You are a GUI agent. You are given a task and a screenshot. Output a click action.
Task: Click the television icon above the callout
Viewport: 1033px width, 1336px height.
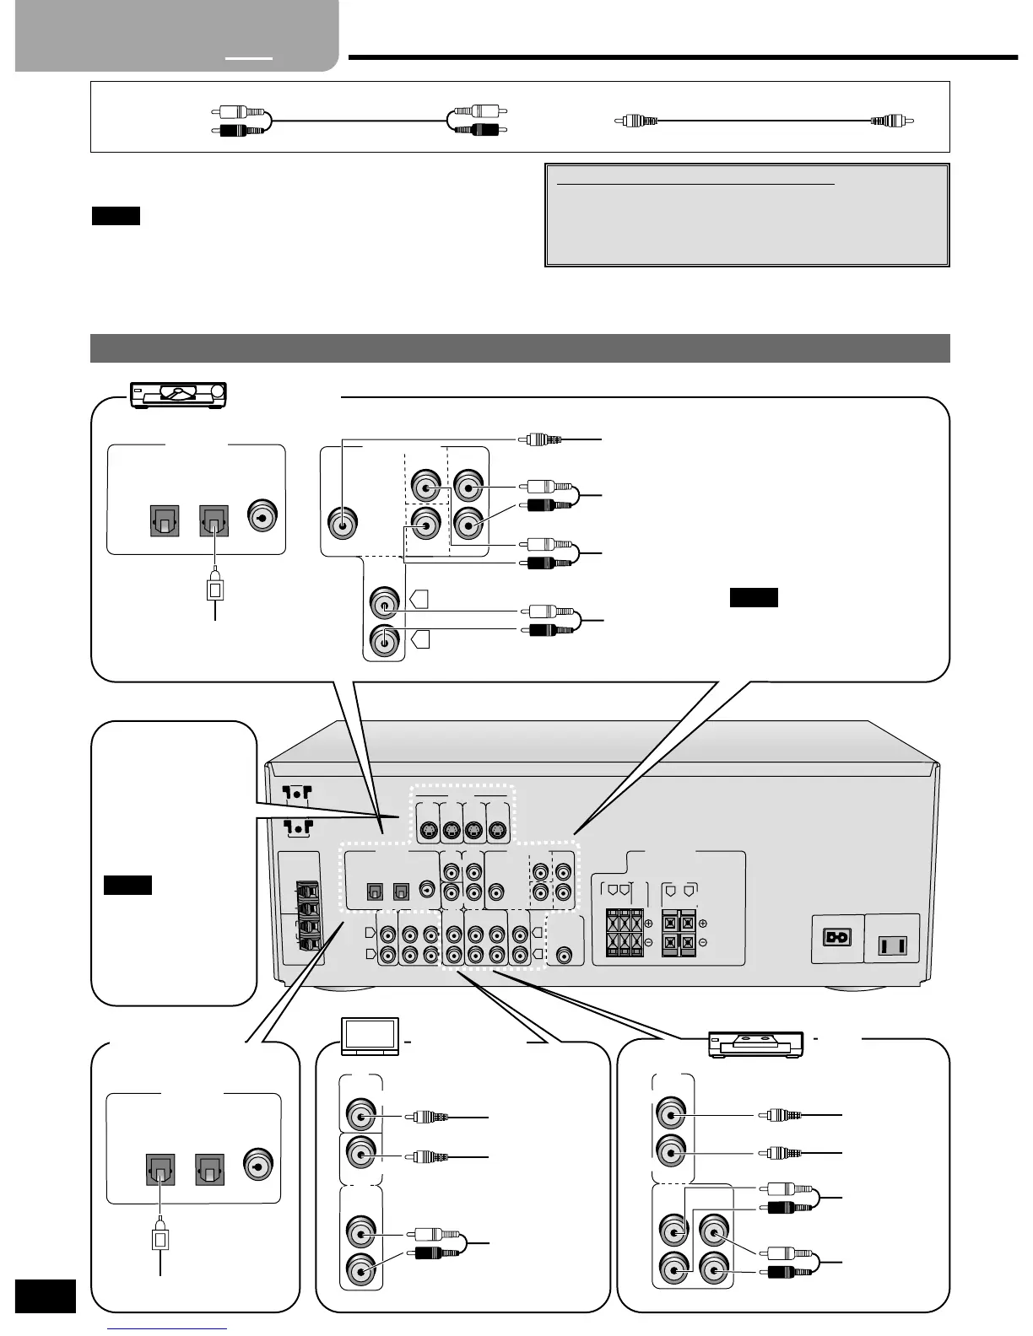pyautogui.click(x=370, y=1037)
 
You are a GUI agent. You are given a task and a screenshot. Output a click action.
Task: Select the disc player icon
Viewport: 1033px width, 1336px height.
pyautogui.click(x=180, y=394)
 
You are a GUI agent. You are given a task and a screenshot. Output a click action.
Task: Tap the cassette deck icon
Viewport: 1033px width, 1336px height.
pyautogui.click(x=754, y=1045)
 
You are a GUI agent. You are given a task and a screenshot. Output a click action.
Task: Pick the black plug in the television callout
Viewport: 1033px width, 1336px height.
pyautogui.click(x=436, y=1253)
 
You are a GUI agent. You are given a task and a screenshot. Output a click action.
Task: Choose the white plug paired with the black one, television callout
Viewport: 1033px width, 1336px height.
pyautogui.click(x=436, y=1234)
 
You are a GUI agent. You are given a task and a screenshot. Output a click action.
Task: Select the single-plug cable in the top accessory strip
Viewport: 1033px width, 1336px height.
pyautogui.click(x=765, y=121)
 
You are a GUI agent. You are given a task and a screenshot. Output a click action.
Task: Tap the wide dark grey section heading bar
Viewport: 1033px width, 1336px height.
pyautogui.click(x=520, y=348)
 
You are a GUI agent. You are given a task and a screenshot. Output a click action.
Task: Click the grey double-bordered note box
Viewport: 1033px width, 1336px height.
pyautogui.click(x=747, y=215)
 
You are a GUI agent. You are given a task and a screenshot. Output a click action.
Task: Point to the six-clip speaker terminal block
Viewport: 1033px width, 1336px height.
pyautogui.click(x=625, y=932)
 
